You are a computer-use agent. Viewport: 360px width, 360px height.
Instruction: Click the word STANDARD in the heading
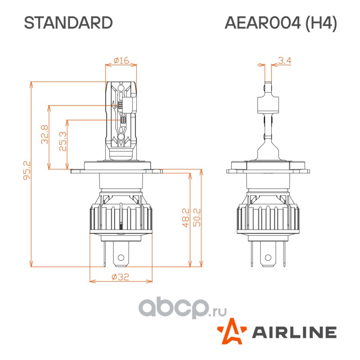coord(68,23)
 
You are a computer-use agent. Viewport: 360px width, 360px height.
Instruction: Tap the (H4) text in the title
coord(321,23)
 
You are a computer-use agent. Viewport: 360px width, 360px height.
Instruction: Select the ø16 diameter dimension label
coord(121,60)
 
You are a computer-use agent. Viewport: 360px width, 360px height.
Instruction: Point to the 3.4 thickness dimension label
coord(284,61)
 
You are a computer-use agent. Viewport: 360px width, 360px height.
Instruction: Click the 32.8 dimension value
coord(45,135)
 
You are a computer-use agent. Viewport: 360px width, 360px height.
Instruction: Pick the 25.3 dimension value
coord(63,141)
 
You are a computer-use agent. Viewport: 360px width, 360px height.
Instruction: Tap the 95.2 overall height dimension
coord(27,171)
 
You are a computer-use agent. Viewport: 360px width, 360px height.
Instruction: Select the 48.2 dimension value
coord(186,218)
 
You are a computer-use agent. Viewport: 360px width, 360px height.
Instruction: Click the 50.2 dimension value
coord(197,218)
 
